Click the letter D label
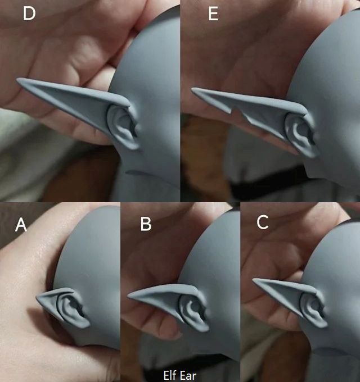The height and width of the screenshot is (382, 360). click(29, 13)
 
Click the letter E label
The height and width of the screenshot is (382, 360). click(213, 13)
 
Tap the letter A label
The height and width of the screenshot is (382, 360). click(21, 225)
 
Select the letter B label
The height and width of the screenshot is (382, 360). click(146, 224)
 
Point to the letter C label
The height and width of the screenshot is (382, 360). click(263, 222)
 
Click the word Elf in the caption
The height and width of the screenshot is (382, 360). click(170, 375)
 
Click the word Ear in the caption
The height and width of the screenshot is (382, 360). click(188, 376)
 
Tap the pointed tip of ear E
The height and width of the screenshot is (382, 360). click(192, 90)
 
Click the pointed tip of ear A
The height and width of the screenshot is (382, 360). click(37, 298)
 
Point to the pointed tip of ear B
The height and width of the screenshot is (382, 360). click(129, 295)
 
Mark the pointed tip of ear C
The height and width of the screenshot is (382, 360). click(254, 280)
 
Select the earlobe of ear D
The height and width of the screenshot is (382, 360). click(132, 144)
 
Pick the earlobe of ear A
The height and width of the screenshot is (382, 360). click(83, 322)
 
